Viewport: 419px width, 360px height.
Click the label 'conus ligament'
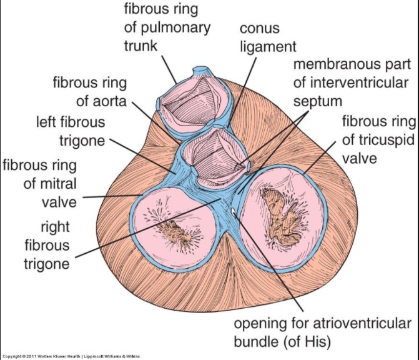(x=260, y=38)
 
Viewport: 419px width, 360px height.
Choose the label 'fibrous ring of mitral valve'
(x=40, y=184)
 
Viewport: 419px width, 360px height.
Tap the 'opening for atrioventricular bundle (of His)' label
(x=322, y=332)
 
